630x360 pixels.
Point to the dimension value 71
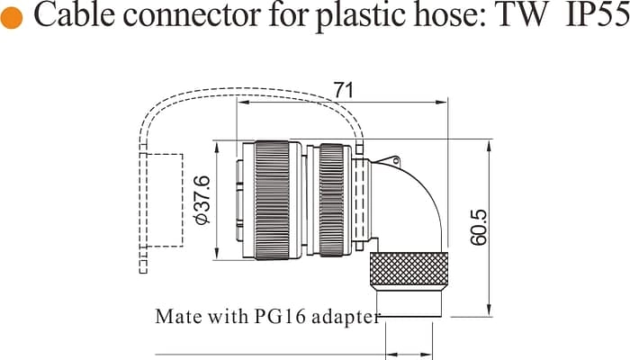click(x=343, y=91)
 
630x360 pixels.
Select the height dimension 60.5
click(x=478, y=228)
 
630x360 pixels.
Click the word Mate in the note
click(x=173, y=317)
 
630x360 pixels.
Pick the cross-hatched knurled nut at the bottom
click(x=409, y=269)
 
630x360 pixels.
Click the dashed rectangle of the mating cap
click(x=163, y=200)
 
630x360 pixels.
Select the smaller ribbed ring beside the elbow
click(x=331, y=200)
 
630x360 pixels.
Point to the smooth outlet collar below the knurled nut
click(x=409, y=301)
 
